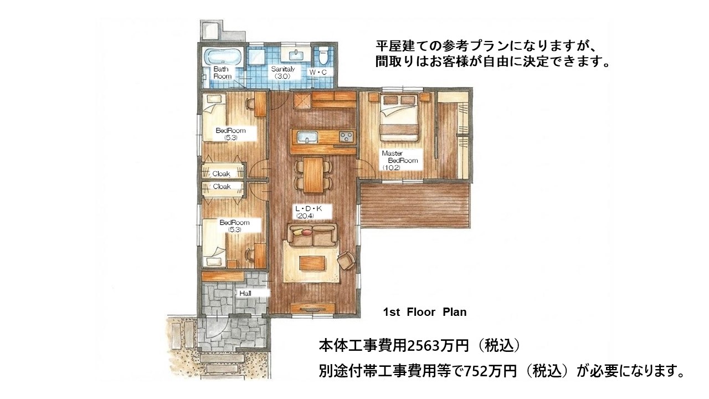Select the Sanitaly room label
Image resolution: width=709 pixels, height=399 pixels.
click(282, 69)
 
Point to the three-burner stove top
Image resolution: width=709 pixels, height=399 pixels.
click(347, 137)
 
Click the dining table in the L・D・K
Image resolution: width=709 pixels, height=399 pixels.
click(313, 175)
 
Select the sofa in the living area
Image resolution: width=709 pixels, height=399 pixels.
click(312, 234)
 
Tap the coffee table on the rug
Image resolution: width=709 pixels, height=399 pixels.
click(312, 263)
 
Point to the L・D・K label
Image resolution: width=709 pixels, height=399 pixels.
click(309, 209)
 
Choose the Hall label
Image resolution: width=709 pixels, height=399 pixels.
click(245, 294)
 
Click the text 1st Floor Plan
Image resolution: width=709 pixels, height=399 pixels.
click(425, 312)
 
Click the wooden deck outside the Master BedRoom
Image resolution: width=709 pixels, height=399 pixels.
click(415, 205)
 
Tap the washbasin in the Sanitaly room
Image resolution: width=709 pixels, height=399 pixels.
click(296, 55)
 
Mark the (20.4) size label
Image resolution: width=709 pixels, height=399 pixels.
click(305, 216)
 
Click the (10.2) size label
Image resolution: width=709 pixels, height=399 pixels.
click(392, 168)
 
